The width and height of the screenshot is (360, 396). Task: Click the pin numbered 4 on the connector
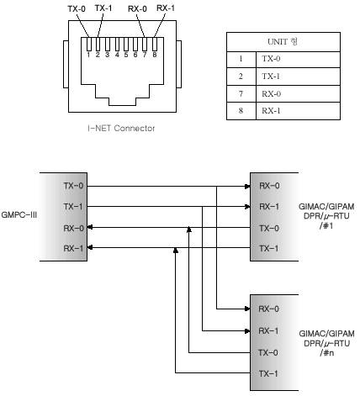coord(117,45)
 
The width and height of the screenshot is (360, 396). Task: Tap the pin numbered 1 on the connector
coord(89,45)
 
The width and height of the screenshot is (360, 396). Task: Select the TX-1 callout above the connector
coord(103,8)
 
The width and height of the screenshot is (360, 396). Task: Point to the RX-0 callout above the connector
coord(137,9)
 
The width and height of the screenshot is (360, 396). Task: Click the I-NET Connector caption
coord(121,129)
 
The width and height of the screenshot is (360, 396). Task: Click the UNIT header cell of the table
coord(283,42)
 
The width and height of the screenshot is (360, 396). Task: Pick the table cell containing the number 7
coord(241,93)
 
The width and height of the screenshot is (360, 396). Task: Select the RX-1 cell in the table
coord(298,111)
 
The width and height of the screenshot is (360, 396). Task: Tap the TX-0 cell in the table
coord(298,60)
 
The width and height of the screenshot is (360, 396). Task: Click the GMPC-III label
coord(19,215)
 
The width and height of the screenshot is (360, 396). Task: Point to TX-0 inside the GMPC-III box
coord(73,186)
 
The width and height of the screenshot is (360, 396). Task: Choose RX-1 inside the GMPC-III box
coord(73,248)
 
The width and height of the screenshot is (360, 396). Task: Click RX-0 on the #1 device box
coord(269,186)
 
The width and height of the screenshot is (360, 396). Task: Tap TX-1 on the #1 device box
coord(269,248)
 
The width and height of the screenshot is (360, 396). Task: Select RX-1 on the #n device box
coord(268,331)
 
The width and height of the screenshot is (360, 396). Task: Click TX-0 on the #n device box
coord(268,352)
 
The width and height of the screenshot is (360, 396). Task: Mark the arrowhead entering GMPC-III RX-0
coord(90,227)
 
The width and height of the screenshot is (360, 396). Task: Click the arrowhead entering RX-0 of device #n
coord(247,309)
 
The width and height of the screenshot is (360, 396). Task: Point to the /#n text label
coord(327,353)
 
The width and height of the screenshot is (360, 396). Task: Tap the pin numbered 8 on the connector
coord(155,45)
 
